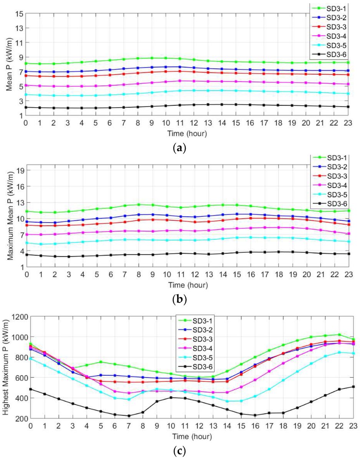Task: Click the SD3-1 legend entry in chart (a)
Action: coord(334,7)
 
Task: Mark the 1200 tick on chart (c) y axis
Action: coord(15,317)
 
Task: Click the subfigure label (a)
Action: coord(180,147)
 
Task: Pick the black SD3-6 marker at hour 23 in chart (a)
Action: coord(348,107)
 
